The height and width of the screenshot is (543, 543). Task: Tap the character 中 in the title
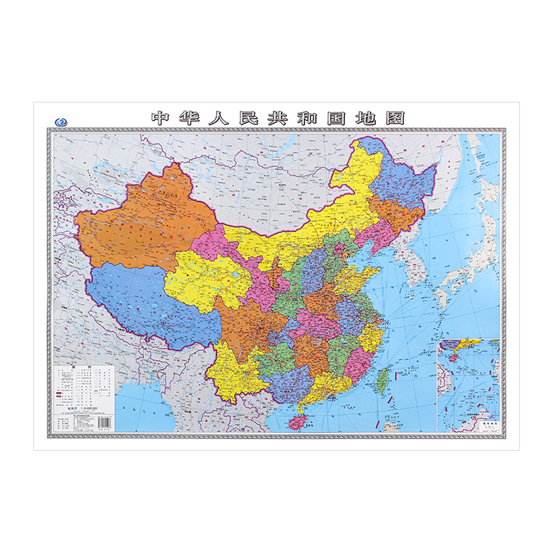[x=160, y=118]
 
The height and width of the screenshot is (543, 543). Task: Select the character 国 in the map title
[x=334, y=118]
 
